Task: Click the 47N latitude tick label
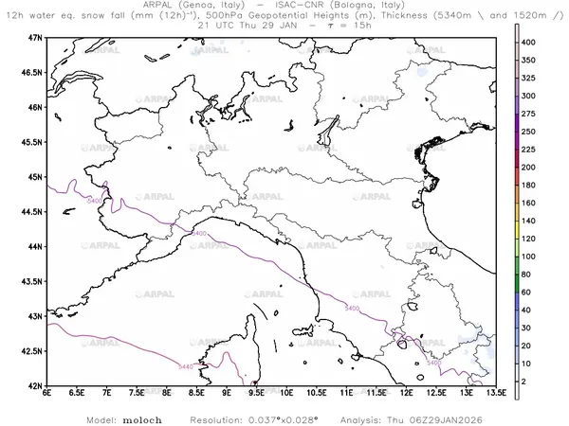[37, 37]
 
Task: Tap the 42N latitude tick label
[37, 386]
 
